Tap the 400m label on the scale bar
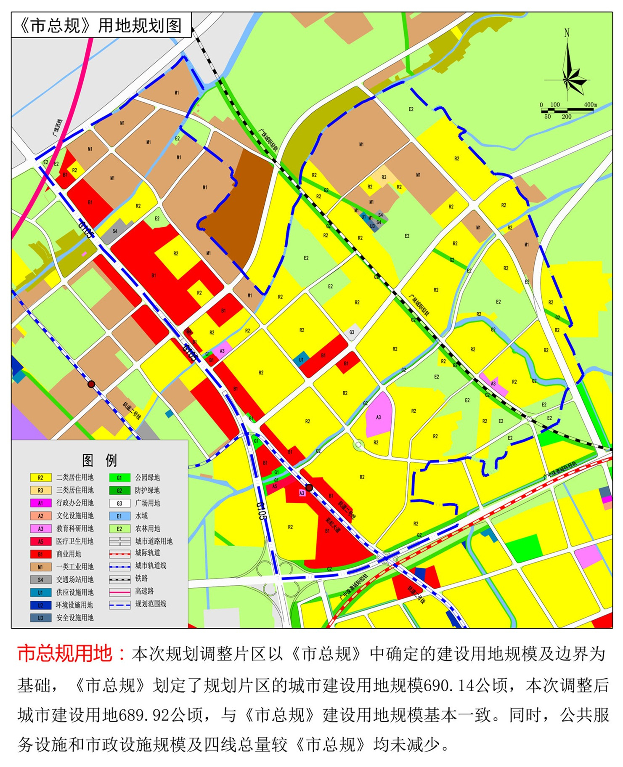tap(590, 104)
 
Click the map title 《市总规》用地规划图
tap(101, 25)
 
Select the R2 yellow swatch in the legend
tap(40, 478)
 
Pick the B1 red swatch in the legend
tap(40, 554)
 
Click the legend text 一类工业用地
tap(75, 567)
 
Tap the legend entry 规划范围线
tap(151, 604)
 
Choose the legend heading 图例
tap(99, 460)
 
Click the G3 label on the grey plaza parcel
tap(352, 332)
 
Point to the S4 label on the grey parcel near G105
tap(115, 231)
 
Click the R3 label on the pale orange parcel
tap(384, 177)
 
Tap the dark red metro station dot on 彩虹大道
tap(309, 488)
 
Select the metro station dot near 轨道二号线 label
tap(91, 384)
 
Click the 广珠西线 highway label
tap(58, 127)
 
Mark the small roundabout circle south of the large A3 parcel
tap(358, 444)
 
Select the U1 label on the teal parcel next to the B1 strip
tap(301, 360)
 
